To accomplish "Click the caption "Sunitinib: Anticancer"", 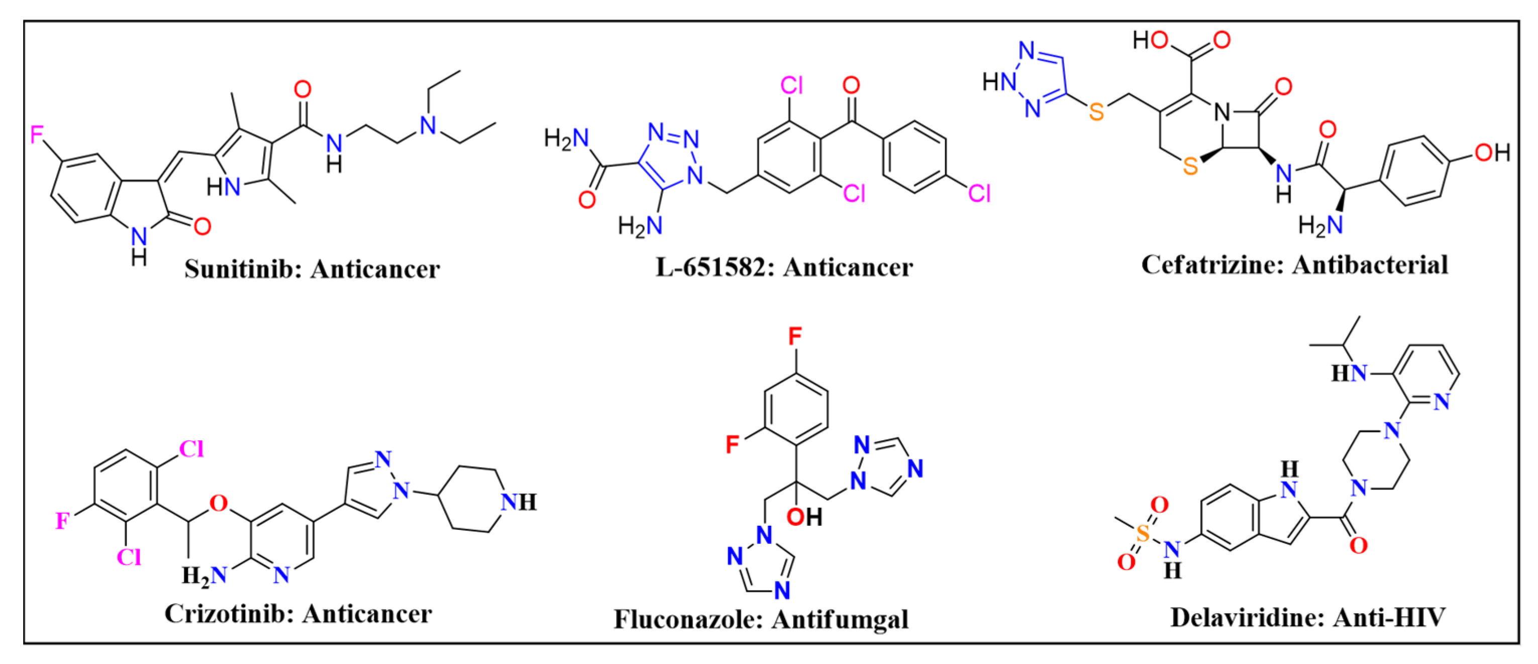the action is coord(312,269).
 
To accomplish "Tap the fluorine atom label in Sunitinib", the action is coord(37,135).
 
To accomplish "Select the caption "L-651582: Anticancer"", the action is coord(784,267).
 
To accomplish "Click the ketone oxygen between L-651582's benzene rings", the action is coord(851,85).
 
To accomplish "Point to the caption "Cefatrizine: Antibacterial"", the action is coord(1294,265).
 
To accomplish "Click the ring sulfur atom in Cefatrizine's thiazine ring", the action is coord(1190,166).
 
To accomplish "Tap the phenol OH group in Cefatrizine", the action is coord(1492,152).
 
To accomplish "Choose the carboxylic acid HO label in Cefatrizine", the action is coord(1151,40).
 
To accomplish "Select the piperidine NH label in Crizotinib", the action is coord(519,502).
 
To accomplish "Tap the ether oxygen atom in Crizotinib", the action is coord(219,503).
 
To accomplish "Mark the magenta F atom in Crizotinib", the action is coord(62,521).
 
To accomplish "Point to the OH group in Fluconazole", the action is coord(804,517).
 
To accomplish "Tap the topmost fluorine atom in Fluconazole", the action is coord(795,336).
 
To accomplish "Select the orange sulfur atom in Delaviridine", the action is coord(1143,533).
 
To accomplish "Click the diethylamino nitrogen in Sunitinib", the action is coord(428,125).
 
